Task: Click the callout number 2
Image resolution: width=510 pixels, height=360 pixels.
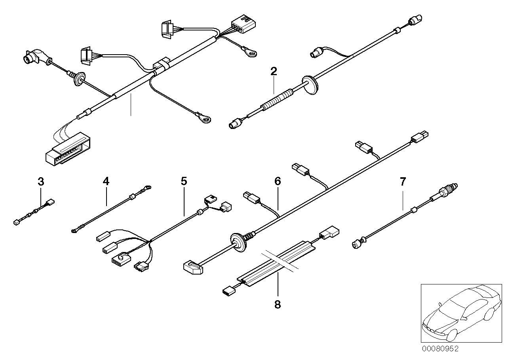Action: [x=274, y=72]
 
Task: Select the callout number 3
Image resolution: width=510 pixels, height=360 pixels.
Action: [x=41, y=182]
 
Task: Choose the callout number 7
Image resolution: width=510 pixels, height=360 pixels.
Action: [x=403, y=182]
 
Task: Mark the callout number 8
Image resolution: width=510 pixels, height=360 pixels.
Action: [x=277, y=305]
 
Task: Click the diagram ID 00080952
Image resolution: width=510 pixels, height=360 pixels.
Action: [x=440, y=349]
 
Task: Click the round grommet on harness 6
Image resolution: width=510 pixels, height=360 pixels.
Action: [x=238, y=242]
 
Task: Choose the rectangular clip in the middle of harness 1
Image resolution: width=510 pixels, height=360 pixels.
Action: [x=162, y=64]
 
